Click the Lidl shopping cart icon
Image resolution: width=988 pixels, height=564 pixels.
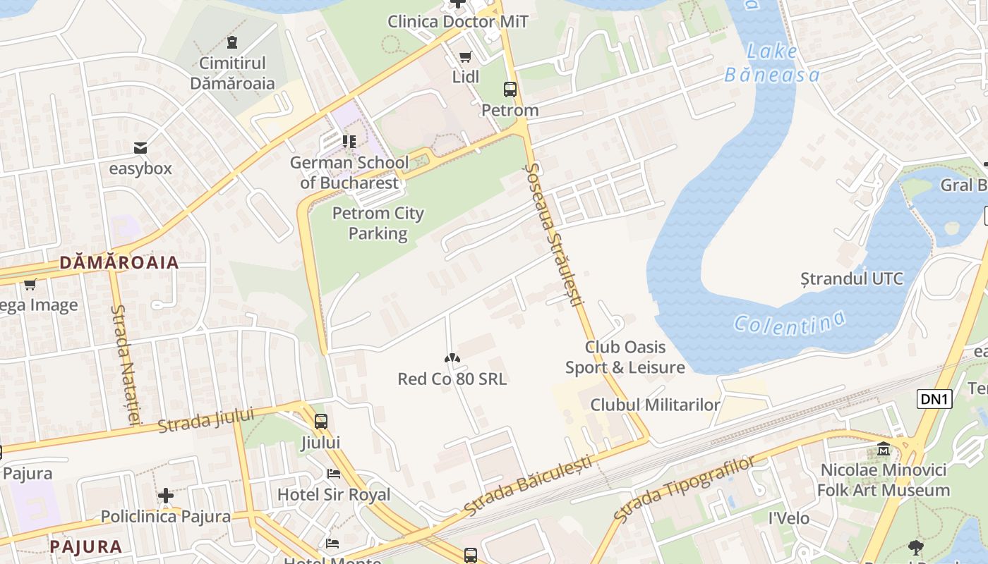465,57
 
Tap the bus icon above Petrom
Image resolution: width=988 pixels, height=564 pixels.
510,90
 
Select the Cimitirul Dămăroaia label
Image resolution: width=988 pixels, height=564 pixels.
232,73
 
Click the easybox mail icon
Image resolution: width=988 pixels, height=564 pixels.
140,148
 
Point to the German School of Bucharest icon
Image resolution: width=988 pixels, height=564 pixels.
349,142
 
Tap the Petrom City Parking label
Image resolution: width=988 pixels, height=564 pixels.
378,223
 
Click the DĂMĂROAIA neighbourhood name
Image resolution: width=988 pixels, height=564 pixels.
119,263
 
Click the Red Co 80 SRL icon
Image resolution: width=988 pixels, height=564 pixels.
452,359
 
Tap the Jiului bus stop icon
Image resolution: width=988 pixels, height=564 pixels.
321,422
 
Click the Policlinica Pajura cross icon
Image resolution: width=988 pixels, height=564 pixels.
166,496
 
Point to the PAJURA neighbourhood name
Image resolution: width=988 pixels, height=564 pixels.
86,546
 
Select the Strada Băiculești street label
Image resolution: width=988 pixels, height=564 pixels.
529,486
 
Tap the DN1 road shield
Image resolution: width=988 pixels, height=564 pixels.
934,399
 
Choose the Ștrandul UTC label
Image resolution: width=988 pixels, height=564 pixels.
852,278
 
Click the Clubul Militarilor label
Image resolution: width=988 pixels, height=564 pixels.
655,405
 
